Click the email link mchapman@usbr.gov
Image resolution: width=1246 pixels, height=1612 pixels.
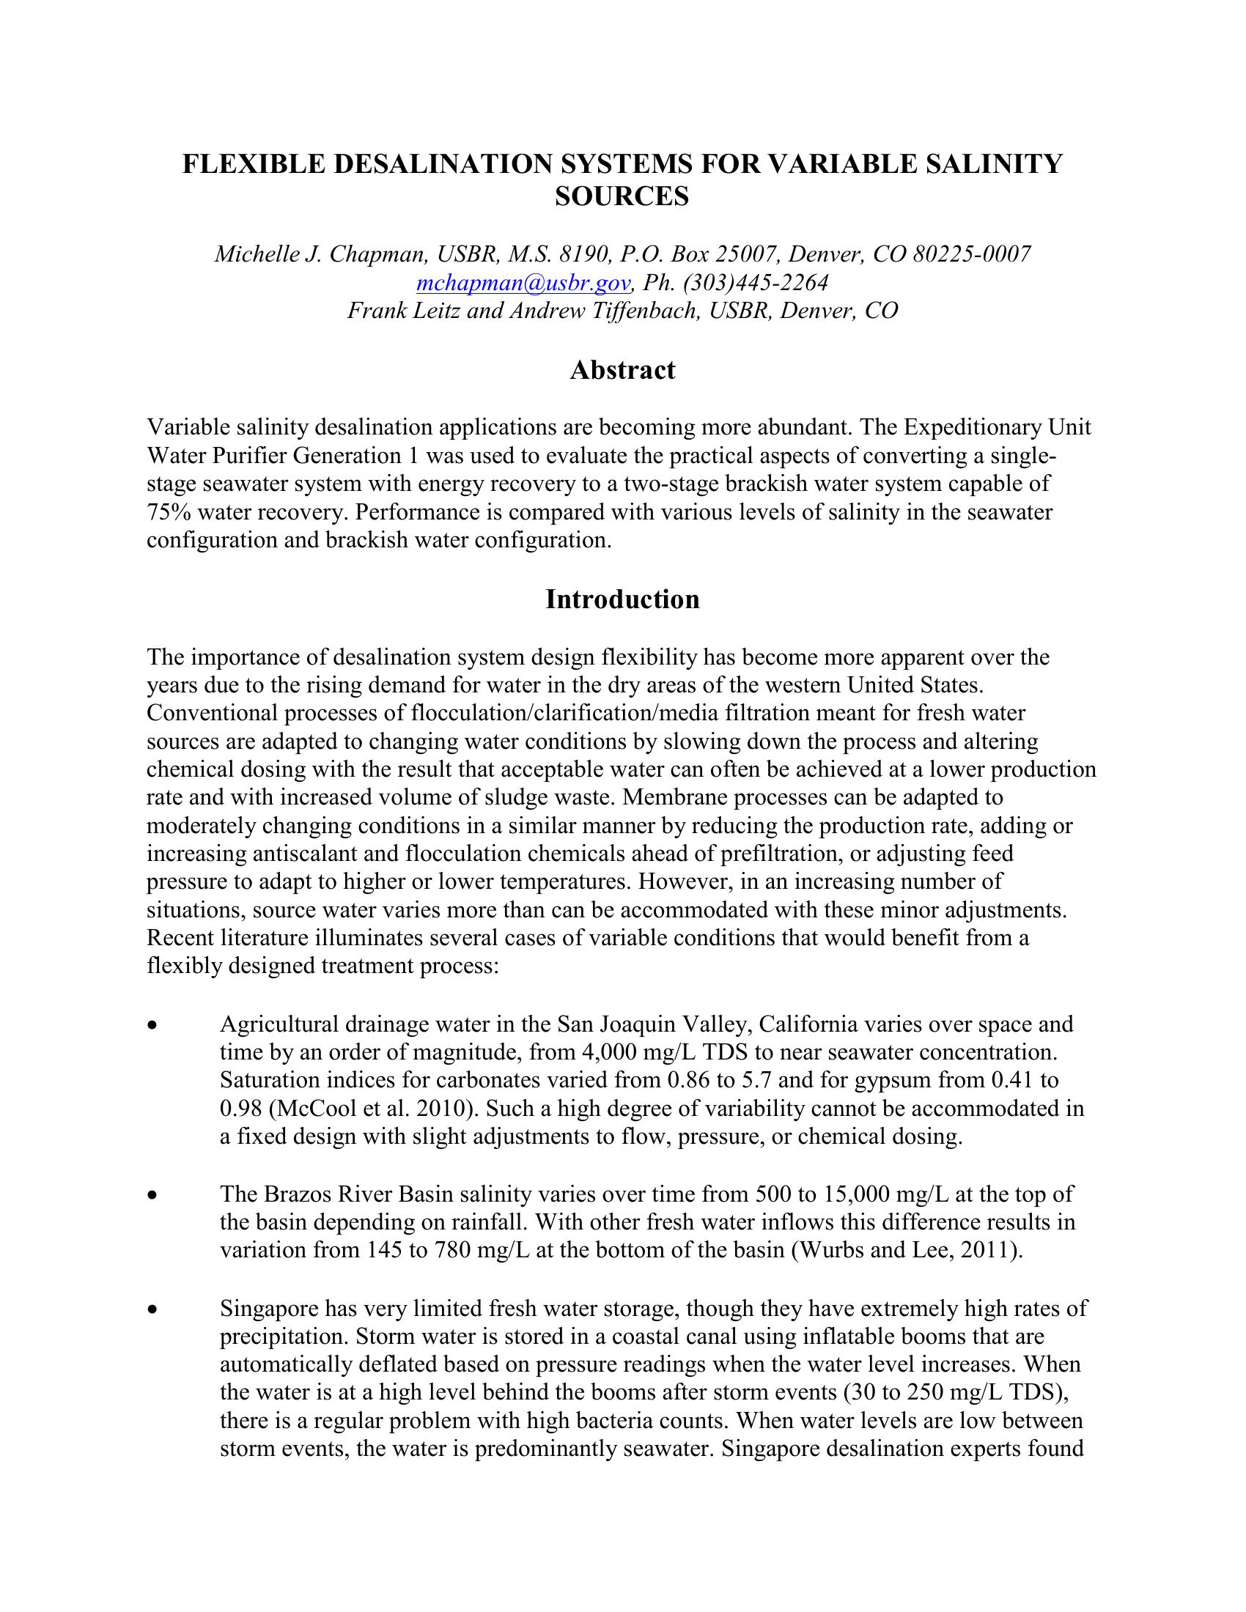(x=523, y=283)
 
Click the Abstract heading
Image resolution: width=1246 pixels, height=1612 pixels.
(x=622, y=370)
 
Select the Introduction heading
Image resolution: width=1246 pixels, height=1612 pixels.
(x=622, y=599)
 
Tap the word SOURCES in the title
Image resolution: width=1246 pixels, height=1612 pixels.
(x=622, y=196)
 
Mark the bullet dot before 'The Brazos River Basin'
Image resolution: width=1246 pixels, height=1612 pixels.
(x=152, y=1195)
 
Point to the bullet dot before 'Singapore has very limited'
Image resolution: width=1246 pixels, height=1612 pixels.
(x=152, y=1309)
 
